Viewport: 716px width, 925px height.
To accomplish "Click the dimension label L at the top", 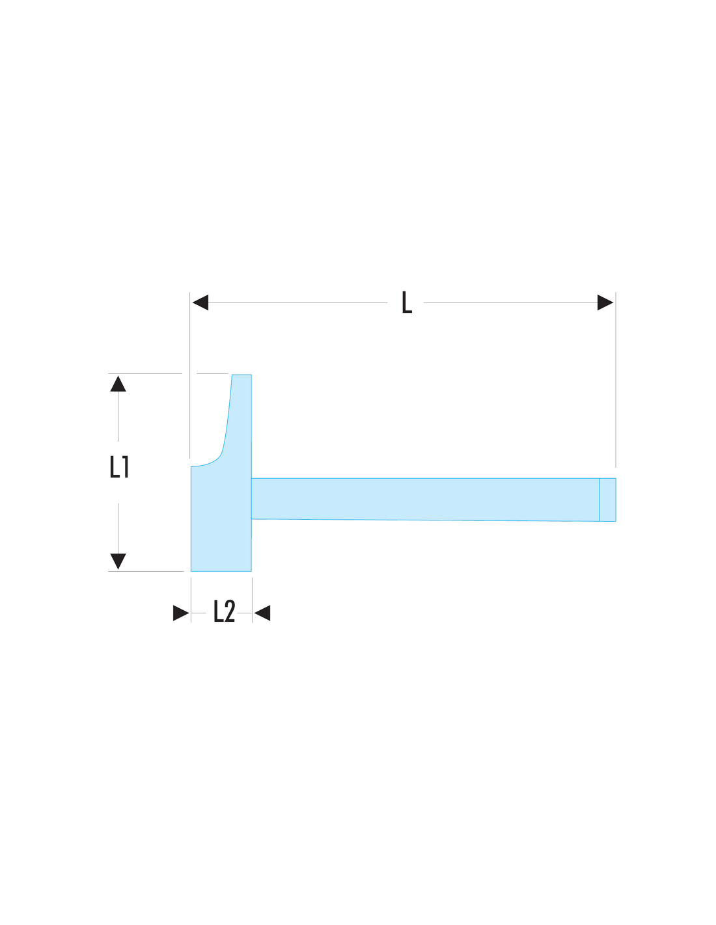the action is click(407, 302).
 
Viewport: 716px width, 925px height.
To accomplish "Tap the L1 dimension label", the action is click(119, 466).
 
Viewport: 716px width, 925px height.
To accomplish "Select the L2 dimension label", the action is click(224, 611).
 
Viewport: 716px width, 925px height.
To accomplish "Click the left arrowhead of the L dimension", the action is click(200, 302).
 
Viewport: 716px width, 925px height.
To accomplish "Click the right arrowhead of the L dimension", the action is click(605, 302).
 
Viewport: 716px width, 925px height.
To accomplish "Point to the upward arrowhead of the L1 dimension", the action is click(118, 384).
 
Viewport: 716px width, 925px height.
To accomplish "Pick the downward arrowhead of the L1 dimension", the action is click(118, 561).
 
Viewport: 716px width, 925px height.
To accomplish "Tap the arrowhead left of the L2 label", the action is click(181, 613).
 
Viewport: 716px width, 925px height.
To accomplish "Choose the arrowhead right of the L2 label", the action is click(262, 613).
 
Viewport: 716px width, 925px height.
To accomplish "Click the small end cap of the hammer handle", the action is click(607, 500).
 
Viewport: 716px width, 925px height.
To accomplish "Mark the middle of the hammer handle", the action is click(425, 499).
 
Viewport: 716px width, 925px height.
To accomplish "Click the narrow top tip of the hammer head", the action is click(241, 375).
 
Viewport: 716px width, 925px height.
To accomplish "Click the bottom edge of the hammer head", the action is click(221, 571).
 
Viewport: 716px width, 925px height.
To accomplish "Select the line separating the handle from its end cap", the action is click(599, 500).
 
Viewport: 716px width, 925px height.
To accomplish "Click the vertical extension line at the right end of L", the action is click(616, 380).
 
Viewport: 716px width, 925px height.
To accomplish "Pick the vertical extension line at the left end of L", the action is click(189, 375).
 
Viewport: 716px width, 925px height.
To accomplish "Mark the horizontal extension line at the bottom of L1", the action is click(146, 571).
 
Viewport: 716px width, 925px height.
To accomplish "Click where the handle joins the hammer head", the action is click(251, 498).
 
